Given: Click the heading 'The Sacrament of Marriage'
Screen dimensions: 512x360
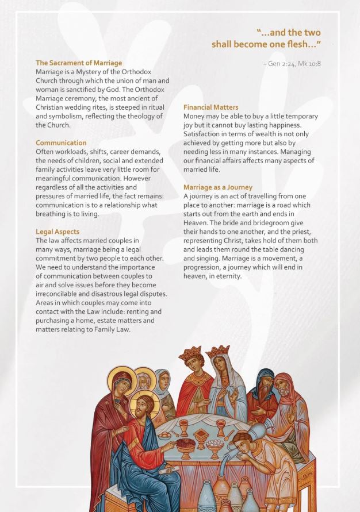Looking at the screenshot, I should tap(79, 63).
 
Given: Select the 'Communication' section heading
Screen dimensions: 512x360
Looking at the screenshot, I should tap(61, 143).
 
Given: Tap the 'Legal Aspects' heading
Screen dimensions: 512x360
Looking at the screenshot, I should tap(58, 232).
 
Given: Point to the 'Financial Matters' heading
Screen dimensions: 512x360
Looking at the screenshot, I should tap(210, 107).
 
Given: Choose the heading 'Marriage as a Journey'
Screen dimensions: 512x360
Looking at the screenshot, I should tap(217, 187).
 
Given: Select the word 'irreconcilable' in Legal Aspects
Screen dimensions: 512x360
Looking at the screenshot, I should tap(58, 294).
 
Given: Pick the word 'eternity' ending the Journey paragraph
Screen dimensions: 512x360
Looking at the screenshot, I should tap(228, 276).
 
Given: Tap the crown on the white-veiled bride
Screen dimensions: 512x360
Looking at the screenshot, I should tap(217, 351).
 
